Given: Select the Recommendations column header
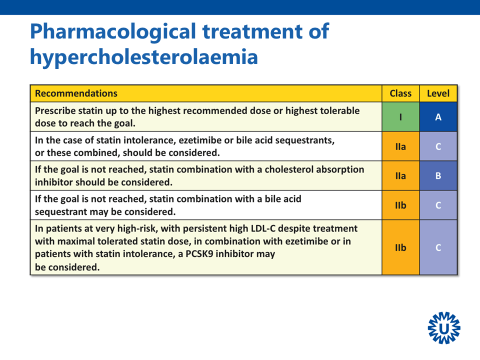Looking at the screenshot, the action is click(76, 93).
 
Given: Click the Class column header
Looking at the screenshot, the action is click(400, 93).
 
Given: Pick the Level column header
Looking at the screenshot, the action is click(438, 93).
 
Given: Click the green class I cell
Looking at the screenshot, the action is click(400, 117).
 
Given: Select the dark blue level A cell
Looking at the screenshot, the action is click(438, 117).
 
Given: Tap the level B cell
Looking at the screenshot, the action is click(438, 175).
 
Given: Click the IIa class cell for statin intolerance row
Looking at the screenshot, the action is click(400, 146).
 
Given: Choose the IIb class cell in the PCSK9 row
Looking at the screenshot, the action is click(400, 247).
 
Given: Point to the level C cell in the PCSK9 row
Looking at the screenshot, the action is click(438, 247).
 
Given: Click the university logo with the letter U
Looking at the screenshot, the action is click(444, 328).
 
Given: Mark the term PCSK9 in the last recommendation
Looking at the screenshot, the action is click(199, 254).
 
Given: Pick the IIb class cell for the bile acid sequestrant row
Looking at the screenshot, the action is click(400, 205).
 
